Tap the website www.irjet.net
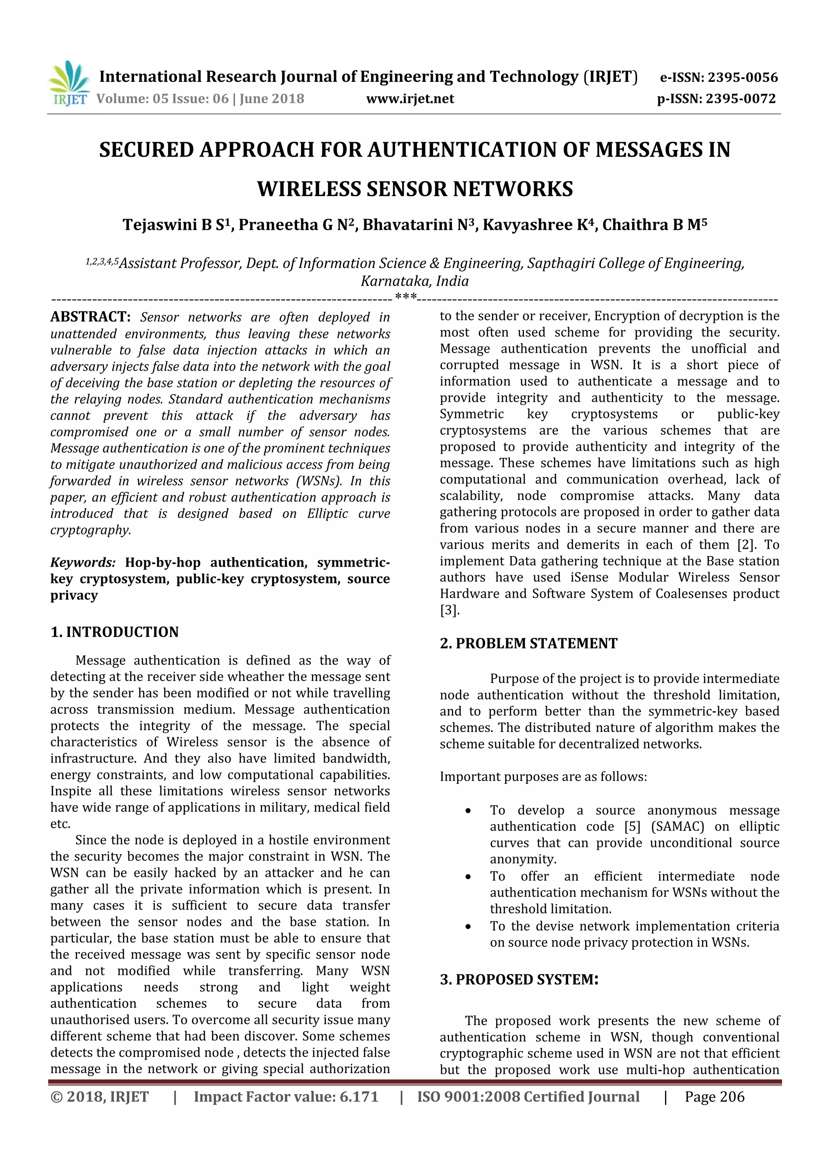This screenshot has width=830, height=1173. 410,98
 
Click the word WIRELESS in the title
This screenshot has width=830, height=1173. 309,189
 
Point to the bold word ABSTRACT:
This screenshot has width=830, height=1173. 90,317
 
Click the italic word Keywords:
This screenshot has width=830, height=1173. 83,563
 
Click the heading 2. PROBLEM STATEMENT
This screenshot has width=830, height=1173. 528,643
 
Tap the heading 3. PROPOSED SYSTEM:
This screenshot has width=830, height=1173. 519,979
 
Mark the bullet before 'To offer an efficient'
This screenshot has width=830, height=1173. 468,877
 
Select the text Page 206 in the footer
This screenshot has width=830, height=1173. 714,1096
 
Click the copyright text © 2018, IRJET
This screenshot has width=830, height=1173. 100,1096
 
